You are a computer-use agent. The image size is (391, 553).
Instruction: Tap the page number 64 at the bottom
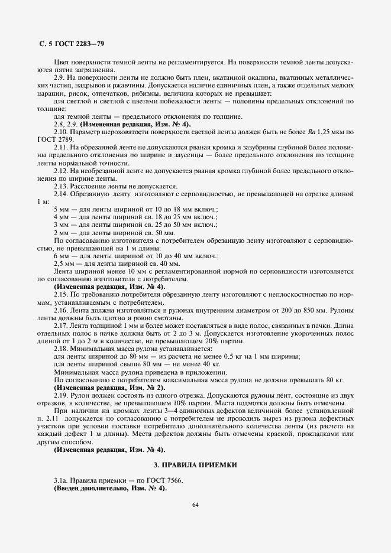[195, 504]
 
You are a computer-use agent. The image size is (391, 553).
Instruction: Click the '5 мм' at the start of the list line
[61, 209]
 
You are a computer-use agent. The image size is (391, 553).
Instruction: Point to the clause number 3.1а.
[62, 481]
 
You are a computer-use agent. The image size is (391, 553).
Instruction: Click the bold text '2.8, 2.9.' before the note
[66, 123]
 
